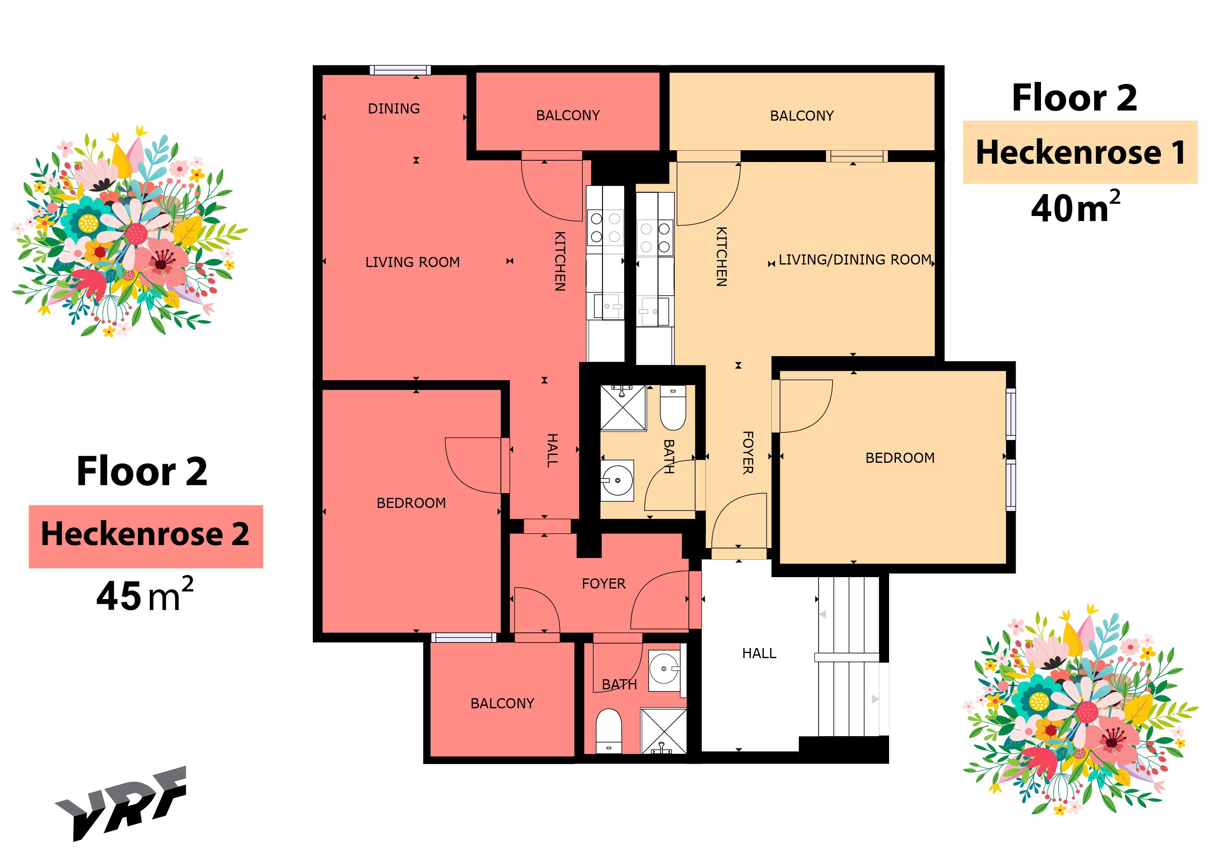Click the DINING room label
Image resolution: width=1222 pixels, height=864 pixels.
394,108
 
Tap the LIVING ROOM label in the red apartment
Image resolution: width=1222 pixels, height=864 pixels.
413,262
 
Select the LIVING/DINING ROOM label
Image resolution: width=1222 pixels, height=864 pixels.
855,259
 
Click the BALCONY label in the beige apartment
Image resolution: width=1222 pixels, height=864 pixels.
802,116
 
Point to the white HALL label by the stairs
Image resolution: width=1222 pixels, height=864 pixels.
759,653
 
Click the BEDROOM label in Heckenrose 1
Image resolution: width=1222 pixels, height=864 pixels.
900,458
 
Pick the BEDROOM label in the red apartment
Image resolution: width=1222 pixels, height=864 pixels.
411,503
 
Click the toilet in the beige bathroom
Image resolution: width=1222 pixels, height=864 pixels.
673,408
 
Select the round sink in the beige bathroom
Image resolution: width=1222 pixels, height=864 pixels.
617,481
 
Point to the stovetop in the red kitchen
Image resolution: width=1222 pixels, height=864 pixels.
605,227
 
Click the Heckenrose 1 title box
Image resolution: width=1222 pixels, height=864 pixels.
1080,153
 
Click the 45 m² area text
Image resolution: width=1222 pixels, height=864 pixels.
144,595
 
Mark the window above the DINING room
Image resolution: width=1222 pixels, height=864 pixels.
400,70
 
